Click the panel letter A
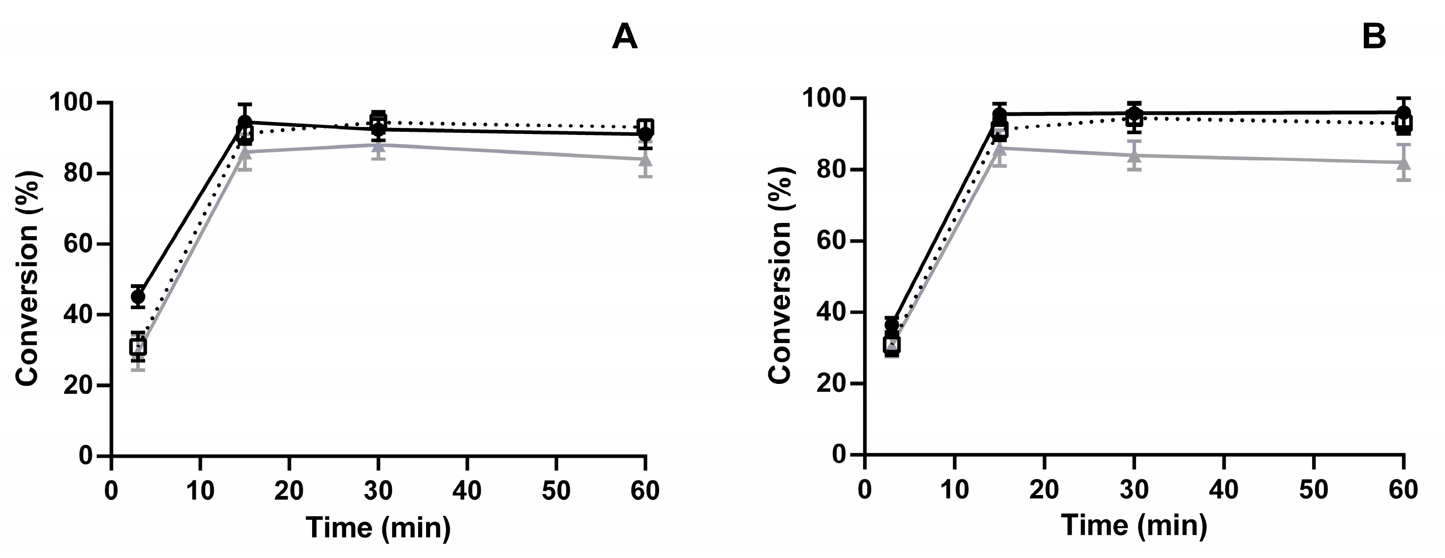click(x=624, y=38)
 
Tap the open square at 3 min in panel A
click(x=138, y=347)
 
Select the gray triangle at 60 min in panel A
click(x=646, y=159)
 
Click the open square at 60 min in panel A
click(x=646, y=127)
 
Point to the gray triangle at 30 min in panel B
click(x=1134, y=155)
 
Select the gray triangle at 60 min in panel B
click(x=1404, y=163)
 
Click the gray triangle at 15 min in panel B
click(x=1000, y=148)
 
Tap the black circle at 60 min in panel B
click(x=1404, y=112)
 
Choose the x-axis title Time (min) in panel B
click(x=1134, y=526)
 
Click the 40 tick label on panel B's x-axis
click(x=1223, y=490)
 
